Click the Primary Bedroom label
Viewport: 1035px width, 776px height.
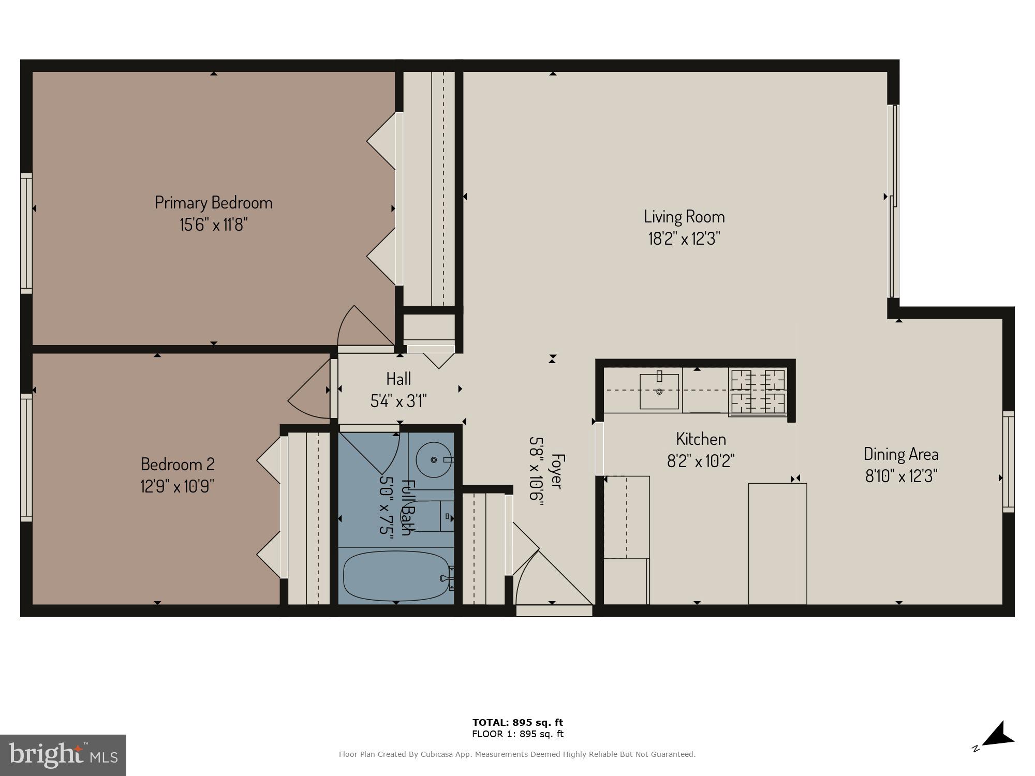214,202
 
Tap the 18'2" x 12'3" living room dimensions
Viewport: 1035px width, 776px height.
684,239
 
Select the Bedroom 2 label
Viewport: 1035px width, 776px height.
178,464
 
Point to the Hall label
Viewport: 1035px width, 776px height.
398,379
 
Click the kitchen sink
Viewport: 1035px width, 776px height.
659,391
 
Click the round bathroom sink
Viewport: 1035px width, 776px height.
434,459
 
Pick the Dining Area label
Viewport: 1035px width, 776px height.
901,454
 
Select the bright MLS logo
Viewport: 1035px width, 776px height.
63,755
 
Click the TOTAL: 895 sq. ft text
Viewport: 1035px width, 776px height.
517,723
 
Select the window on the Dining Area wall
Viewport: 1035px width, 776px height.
1008,461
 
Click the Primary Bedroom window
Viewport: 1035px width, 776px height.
26,233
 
